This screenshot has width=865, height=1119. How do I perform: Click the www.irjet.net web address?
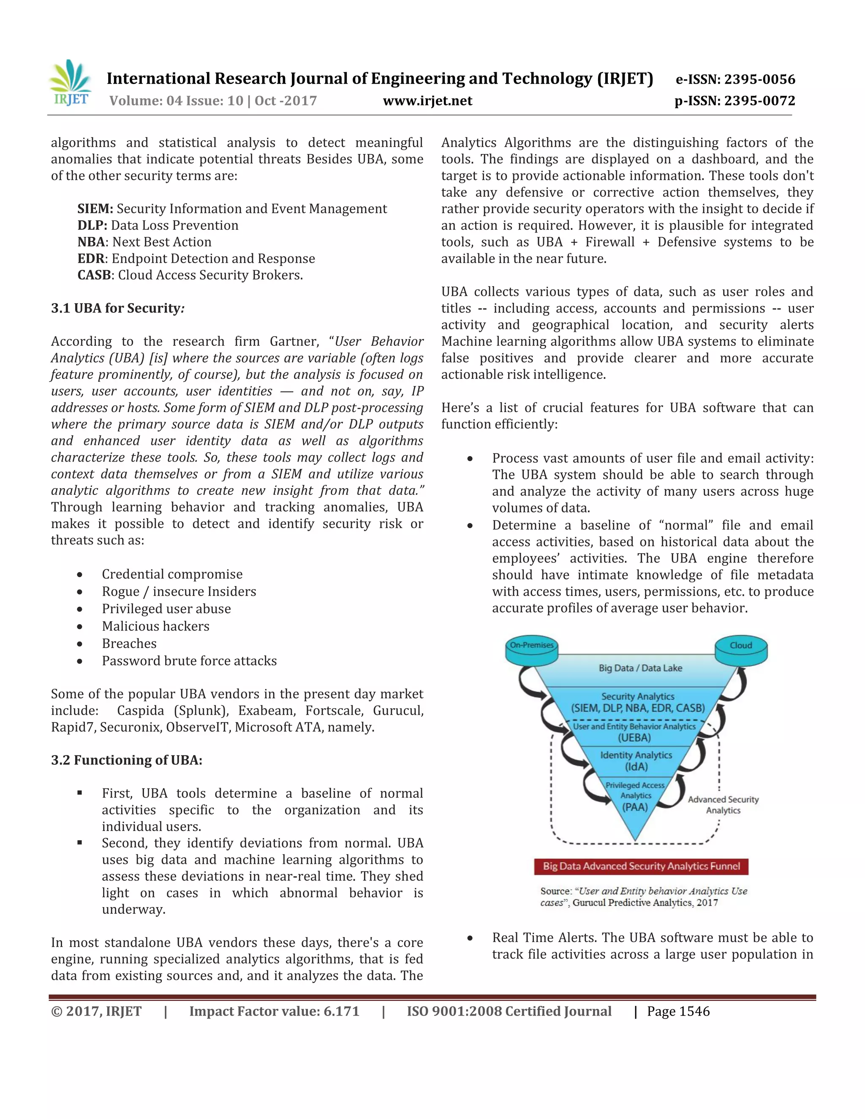point(427,101)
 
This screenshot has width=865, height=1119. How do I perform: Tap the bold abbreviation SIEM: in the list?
point(95,209)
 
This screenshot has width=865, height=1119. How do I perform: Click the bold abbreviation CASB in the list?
point(94,275)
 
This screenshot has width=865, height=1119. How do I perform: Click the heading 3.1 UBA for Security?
point(117,308)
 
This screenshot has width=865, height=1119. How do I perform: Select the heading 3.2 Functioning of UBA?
point(127,760)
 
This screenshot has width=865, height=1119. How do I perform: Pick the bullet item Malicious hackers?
point(155,626)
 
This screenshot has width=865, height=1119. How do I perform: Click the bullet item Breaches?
point(129,644)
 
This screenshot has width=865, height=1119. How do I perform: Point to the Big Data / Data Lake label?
point(640,668)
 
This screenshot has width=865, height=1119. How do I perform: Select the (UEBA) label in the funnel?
point(634,738)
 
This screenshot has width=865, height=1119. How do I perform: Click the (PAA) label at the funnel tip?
point(635,807)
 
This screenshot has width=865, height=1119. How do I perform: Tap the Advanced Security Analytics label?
point(723,805)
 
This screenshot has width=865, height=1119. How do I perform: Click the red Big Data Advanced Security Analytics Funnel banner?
point(641,866)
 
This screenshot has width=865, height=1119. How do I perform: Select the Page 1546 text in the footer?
point(678,1011)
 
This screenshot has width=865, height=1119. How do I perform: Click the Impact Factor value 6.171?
point(274,1011)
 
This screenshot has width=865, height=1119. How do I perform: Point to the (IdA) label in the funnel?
point(636,767)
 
